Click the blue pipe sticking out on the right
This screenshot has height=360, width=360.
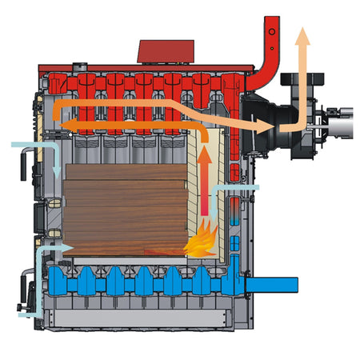[x=276, y=284]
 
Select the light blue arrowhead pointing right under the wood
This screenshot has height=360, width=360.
[x=67, y=249]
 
